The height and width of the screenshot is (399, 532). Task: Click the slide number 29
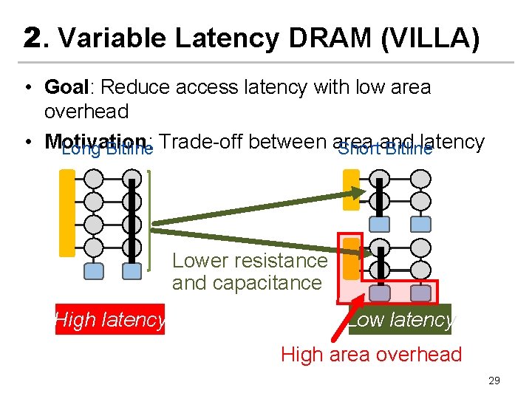tap(494, 381)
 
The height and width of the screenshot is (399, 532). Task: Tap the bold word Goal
tap(66, 87)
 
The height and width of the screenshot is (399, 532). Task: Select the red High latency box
tap(110, 320)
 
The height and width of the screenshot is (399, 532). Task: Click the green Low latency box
tap(401, 320)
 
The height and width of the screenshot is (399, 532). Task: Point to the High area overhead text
tap(371, 355)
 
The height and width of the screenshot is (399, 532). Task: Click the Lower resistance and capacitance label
tap(249, 271)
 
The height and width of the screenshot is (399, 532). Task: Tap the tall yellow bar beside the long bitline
tap(67, 213)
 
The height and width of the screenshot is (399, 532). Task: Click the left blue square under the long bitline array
tap(94, 271)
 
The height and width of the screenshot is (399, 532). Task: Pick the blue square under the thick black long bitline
tap(132, 271)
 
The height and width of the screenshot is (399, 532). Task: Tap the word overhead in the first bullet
tap(86, 112)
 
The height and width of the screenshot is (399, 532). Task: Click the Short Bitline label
tap(385, 149)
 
